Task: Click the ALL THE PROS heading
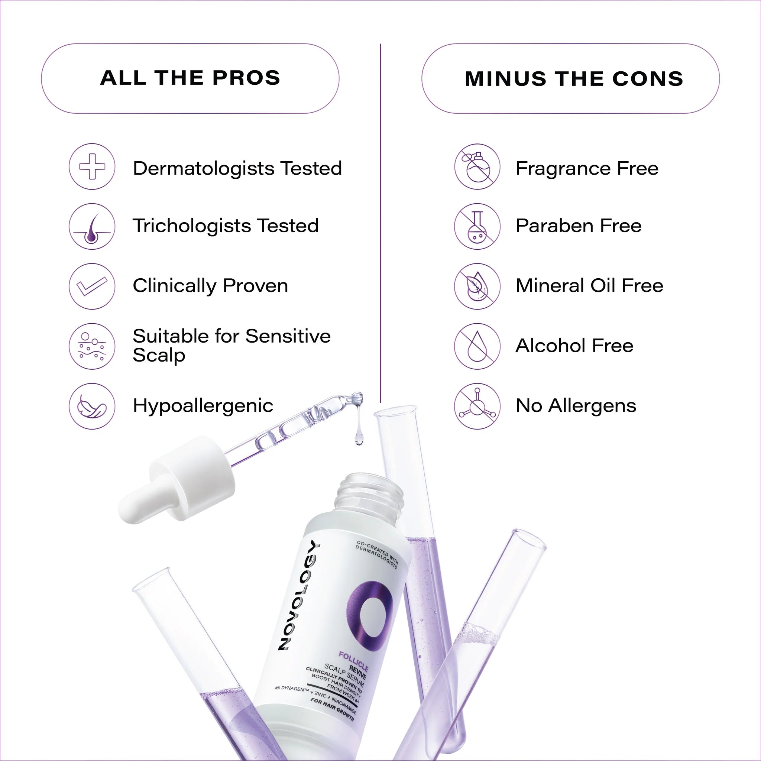click(190, 78)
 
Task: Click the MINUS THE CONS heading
click(574, 79)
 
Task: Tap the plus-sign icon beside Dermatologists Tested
click(92, 166)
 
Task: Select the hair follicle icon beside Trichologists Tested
click(92, 227)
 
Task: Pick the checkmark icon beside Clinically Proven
click(92, 286)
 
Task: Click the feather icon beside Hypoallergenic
click(92, 406)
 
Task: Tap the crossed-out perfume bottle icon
click(477, 166)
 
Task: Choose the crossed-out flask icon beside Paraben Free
click(477, 227)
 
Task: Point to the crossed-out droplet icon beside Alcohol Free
click(477, 346)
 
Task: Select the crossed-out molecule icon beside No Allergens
click(477, 406)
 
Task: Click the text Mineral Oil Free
click(589, 286)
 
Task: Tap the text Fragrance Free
click(587, 169)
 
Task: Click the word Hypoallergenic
click(203, 406)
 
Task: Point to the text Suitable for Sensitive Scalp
click(231, 346)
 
